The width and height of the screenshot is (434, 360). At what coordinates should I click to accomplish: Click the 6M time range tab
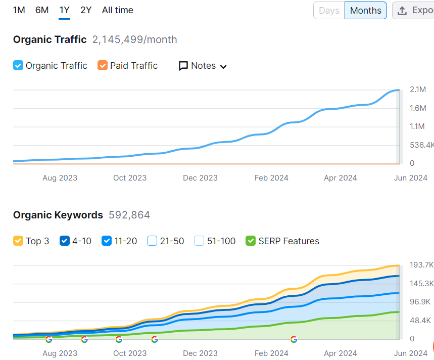(42, 10)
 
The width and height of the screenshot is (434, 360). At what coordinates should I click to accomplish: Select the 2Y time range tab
(86, 10)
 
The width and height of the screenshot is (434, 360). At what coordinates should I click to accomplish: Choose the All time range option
(118, 10)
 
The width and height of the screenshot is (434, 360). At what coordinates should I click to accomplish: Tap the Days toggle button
(329, 11)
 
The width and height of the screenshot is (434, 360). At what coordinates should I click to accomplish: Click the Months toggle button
(366, 11)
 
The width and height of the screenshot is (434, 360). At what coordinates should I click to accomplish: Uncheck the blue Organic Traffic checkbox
(18, 66)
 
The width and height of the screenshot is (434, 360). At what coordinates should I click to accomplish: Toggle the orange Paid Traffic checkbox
(103, 66)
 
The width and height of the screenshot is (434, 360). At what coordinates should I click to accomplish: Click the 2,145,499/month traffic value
(134, 39)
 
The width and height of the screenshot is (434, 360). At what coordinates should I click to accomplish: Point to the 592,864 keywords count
(129, 215)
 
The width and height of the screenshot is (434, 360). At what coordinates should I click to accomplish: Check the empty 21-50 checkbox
(152, 241)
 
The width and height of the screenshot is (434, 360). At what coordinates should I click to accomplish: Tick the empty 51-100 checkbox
(199, 241)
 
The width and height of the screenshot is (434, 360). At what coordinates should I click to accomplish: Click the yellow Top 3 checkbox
(18, 241)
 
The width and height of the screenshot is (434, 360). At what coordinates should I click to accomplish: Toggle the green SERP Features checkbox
(251, 241)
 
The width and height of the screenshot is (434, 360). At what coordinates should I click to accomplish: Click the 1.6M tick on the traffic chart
(418, 108)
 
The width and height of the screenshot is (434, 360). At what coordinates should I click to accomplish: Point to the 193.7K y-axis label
(421, 265)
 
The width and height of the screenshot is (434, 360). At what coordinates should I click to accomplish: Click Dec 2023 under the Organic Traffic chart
(200, 178)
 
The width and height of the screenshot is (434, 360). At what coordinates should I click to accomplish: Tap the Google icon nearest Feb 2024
(294, 339)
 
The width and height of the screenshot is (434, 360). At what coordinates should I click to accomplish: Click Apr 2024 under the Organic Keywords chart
(341, 353)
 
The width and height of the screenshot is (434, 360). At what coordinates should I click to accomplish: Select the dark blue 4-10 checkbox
(65, 241)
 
